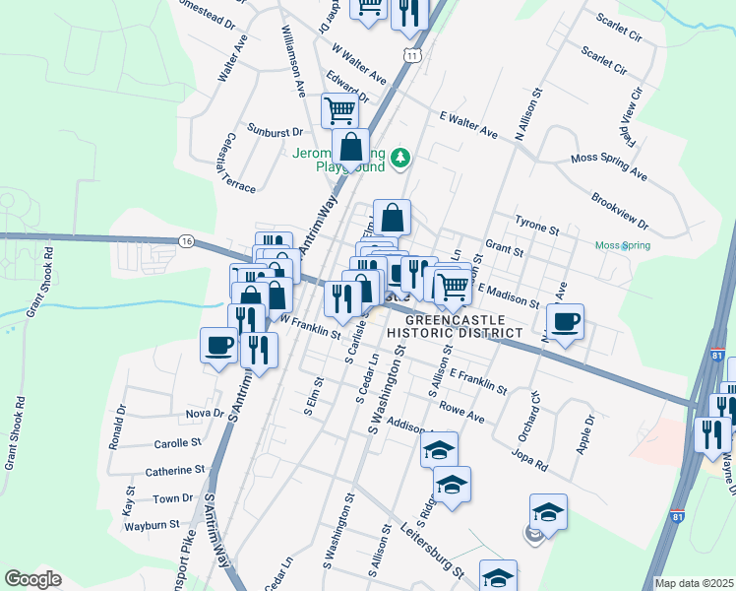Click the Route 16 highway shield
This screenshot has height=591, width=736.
(186, 240)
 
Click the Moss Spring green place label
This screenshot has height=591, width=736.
(622, 245)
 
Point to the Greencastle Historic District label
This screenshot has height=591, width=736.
(455, 327)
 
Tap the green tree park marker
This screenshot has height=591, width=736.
(400, 157)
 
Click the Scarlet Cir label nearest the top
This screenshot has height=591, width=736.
(619, 23)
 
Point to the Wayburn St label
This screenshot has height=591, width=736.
(151, 524)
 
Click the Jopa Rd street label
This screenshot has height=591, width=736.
(528, 457)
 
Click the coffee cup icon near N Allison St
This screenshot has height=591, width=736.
(565, 322)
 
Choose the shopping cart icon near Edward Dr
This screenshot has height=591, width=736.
(339, 109)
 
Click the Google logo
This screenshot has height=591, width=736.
(33, 579)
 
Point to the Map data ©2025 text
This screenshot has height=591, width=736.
(694, 583)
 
